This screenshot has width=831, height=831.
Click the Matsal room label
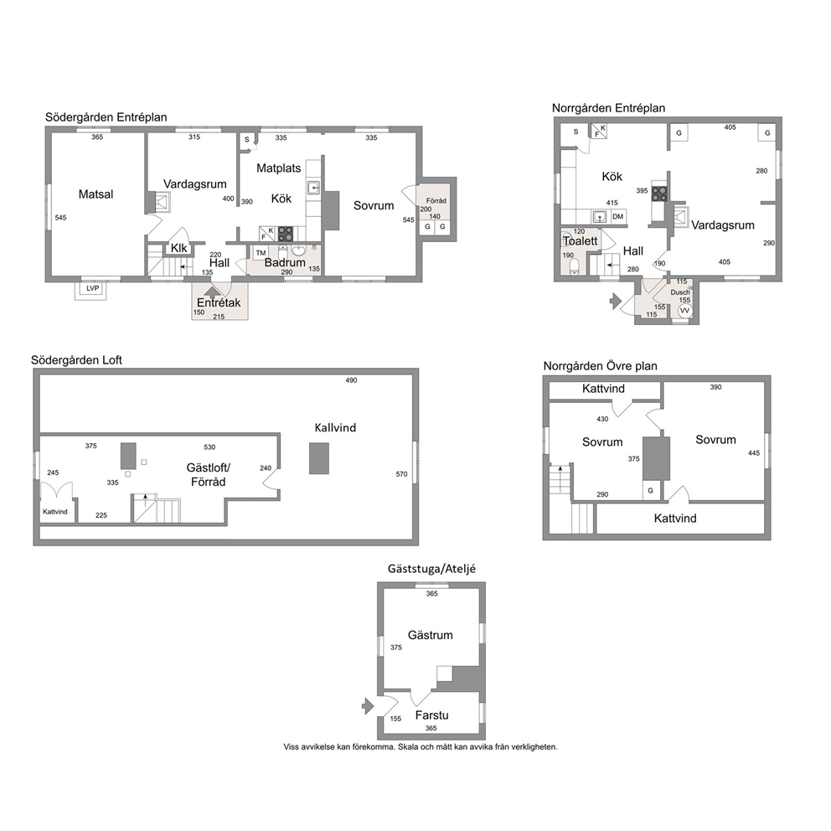(96, 194)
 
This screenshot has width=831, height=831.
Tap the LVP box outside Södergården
(93, 288)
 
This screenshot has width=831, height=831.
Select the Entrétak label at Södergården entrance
(219, 302)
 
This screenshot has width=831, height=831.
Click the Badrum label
(285, 262)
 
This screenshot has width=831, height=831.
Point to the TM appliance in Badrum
(261, 253)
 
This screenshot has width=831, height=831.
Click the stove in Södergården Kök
(285, 234)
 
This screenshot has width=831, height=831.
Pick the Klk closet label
(178, 248)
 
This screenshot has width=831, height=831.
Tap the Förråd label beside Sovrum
(436, 201)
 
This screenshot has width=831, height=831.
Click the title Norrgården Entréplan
(608, 108)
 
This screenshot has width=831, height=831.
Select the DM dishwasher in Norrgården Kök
(618, 216)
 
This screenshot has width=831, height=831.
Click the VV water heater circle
(684, 311)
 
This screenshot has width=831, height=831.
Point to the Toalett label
(581, 240)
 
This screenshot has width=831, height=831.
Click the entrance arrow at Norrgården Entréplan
(615, 301)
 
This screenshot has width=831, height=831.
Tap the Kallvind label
(335, 428)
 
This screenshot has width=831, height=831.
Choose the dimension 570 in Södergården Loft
(401, 474)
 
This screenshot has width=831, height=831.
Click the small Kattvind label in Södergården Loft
(55, 512)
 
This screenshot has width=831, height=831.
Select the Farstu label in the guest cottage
(431, 715)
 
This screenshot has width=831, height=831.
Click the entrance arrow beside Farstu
(368, 706)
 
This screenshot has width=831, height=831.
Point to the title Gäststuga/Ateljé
(431, 569)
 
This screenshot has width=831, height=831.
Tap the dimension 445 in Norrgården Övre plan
(754, 453)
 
